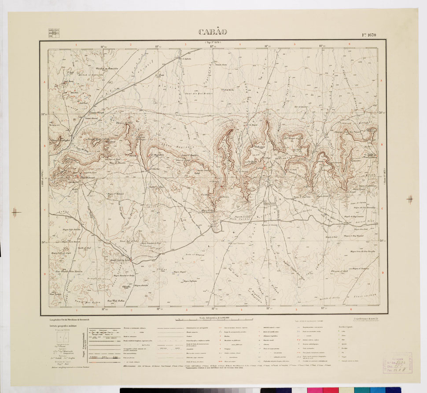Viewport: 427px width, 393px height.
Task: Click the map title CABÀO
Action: (x=213, y=32)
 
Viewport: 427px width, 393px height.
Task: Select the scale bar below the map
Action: (x=214, y=318)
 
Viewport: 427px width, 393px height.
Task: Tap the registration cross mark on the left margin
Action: (x=16, y=213)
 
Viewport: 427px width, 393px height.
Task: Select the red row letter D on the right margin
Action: (x=382, y=273)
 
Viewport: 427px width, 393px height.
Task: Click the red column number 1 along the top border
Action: (x=76, y=44)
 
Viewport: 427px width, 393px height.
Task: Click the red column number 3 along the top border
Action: (x=185, y=44)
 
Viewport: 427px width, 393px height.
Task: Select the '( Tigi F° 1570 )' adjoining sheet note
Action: (x=213, y=41)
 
